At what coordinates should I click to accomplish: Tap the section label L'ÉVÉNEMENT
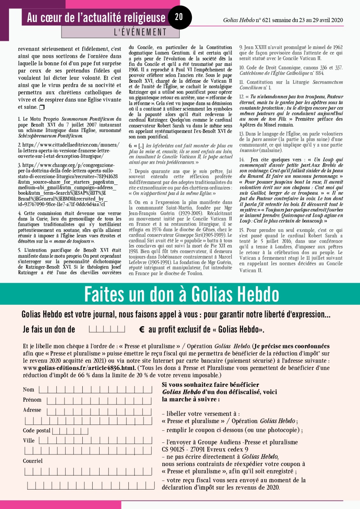pyautogui.click(x=140, y=32)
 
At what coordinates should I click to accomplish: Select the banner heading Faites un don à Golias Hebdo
pyautogui.click(x=182, y=294)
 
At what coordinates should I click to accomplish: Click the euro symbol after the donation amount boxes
pyautogui.click(x=142, y=330)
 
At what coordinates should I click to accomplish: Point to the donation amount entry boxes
pyautogui.click(x=107, y=329)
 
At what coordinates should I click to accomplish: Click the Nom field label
pyautogui.click(x=28, y=390)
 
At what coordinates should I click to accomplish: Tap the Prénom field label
pyautogui.click(x=32, y=400)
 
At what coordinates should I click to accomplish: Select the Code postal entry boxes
pyautogui.click(x=70, y=431)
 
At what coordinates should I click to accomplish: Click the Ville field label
pyautogui.click(x=29, y=441)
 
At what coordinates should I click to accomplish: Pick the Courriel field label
pyautogui.click(x=32, y=461)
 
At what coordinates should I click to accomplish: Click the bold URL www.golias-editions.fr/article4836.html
pyautogui.click(x=80, y=368)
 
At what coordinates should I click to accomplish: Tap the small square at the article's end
pyautogui.click(x=42, y=107)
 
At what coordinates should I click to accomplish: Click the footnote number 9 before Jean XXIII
pyautogui.click(x=240, y=47)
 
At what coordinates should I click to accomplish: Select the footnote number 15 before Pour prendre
pyautogui.click(x=242, y=230)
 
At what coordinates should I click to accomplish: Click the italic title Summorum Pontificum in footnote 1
pyautogui.click(x=87, y=119)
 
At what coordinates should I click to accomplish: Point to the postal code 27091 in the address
pyautogui.click(x=197, y=450)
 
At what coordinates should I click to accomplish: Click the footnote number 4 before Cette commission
pyautogui.click(x=20, y=213)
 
